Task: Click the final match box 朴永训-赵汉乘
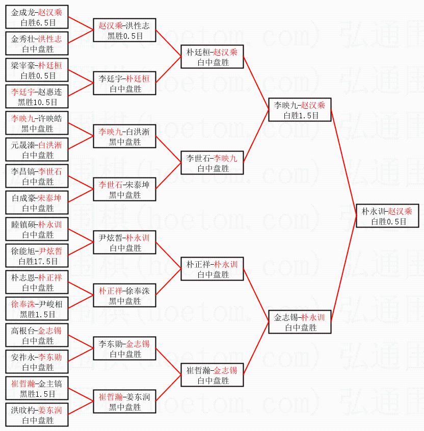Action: (x=387, y=216)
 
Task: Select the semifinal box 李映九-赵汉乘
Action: (x=300, y=110)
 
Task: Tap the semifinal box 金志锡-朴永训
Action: (x=300, y=322)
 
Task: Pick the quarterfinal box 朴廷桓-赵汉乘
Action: (x=212, y=57)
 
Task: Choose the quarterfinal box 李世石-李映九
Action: (x=212, y=163)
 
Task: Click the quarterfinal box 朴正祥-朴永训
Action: (x=212, y=269)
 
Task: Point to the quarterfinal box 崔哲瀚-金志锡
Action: (x=212, y=375)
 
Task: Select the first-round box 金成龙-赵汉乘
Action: (x=37, y=17)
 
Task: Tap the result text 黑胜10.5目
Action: (x=37, y=102)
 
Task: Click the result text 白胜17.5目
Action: (x=38, y=261)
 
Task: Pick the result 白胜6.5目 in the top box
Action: (x=38, y=22)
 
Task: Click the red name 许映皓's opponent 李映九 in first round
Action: (x=23, y=118)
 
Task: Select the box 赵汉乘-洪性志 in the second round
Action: (x=124, y=30)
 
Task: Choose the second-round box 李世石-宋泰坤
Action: (x=124, y=189)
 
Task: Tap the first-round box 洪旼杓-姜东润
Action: (x=37, y=415)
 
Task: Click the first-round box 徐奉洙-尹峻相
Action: (x=37, y=309)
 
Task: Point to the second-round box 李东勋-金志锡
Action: (x=124, y=348)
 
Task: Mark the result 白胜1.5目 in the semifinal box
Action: (x=301, y=116)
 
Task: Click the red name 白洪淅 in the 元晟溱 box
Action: (x=50, y=145)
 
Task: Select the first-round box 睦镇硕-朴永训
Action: (x=37, y=229)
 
